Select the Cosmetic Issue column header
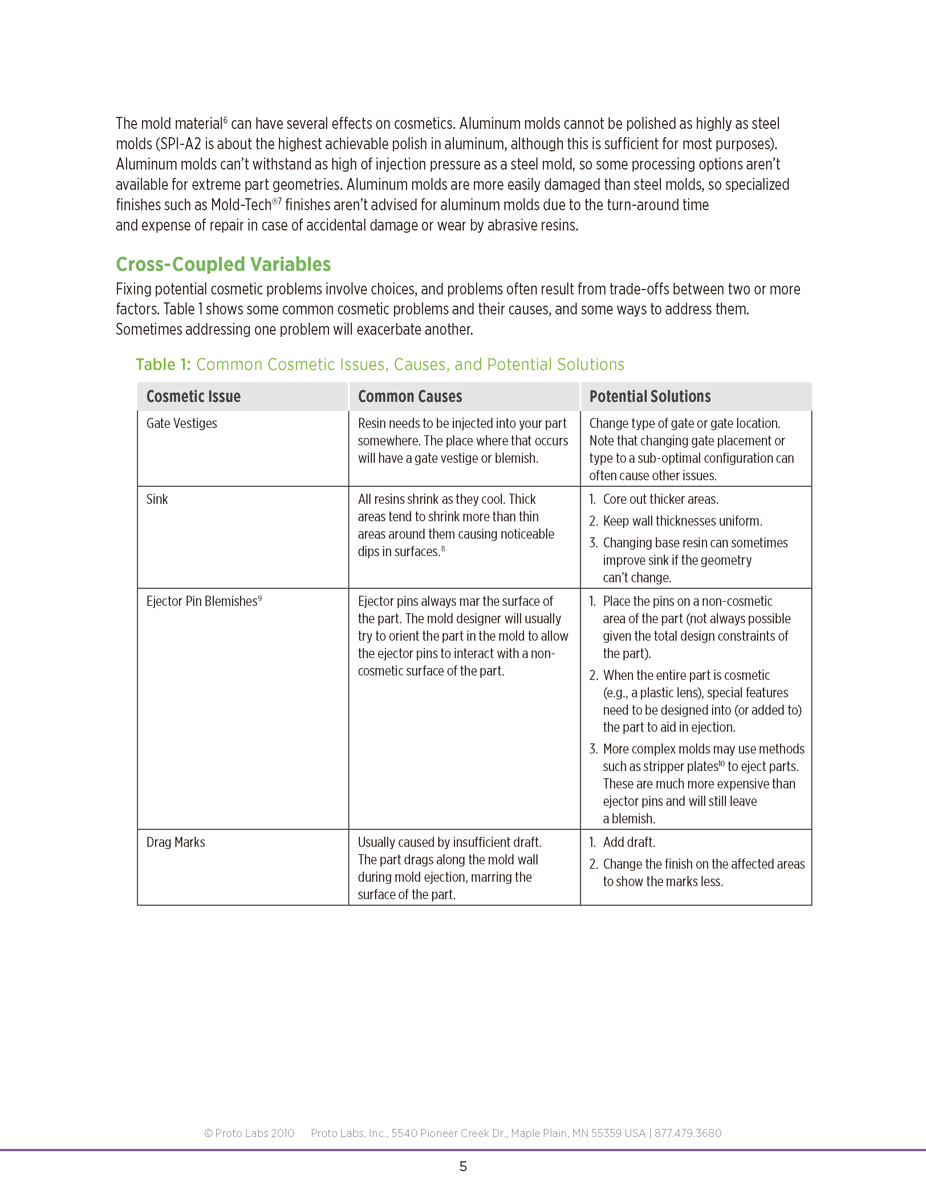point(193,396)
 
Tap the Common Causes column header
point(410,396)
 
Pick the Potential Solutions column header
point(650,396)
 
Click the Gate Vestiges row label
point(182,423)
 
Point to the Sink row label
point(157,499)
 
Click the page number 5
point(463,1166)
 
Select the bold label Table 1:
point(163,365)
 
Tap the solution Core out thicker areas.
point(661,499)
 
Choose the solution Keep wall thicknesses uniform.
point(682,521)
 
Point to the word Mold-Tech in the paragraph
point(241,205)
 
